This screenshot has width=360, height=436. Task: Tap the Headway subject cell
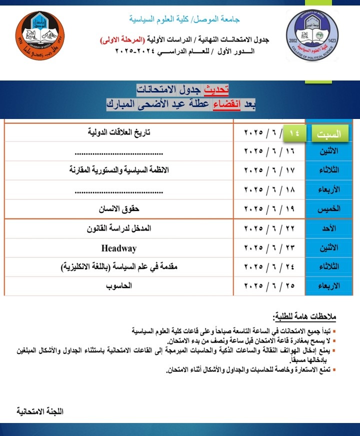[x=118, y=248]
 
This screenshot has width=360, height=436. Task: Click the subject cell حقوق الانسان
[x=118, y=209]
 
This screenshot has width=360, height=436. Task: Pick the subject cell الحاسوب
[x=119, y=286]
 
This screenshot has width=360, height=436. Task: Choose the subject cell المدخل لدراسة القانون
[x=119, y=228]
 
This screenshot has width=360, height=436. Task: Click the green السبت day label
[x=331, y=133]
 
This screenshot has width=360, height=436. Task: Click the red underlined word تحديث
[x=217, y=89]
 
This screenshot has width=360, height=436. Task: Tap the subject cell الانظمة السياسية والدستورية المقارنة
[x=119, y=170]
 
